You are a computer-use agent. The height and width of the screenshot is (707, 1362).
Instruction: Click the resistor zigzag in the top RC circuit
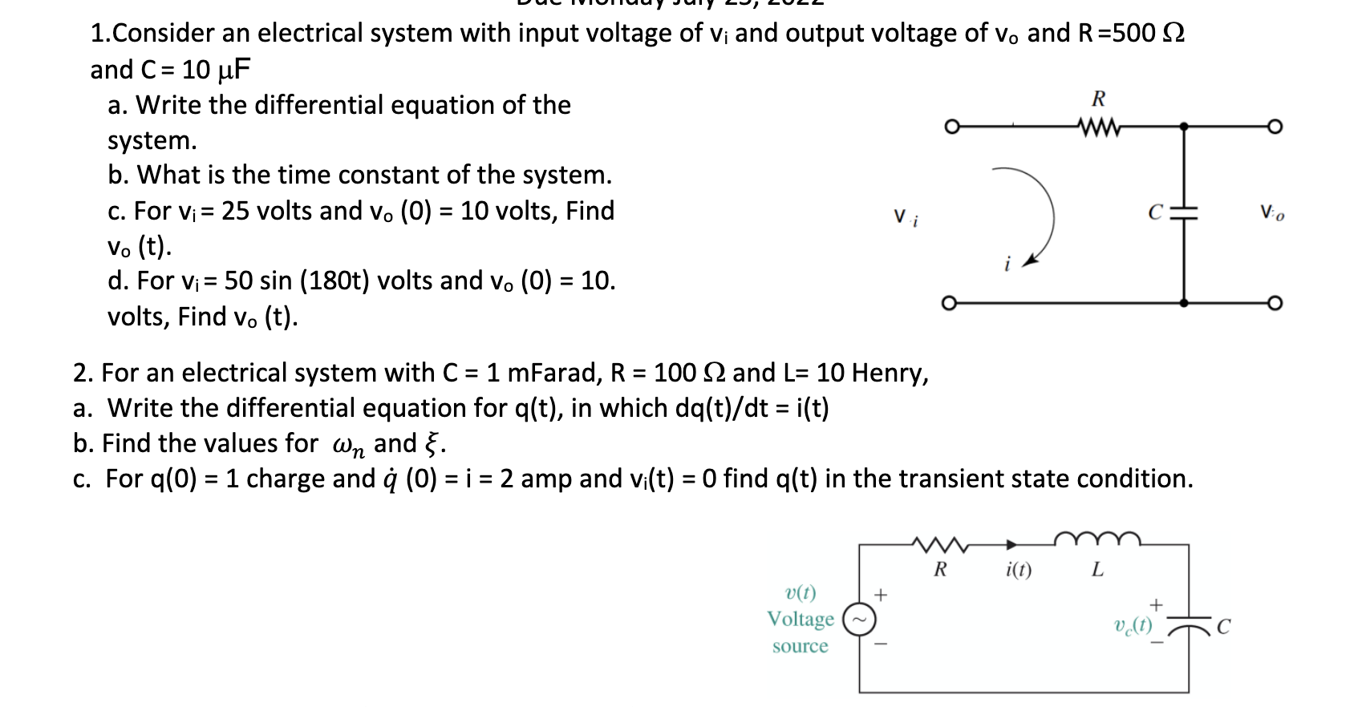(x=1099, y=127)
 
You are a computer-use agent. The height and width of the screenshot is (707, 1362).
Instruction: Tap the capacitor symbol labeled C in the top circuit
(x=1184, y=212)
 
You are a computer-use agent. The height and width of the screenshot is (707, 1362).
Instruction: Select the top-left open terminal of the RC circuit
(x=951, y=127)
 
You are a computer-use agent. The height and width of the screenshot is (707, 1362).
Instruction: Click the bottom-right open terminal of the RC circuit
(x=1275, y=303)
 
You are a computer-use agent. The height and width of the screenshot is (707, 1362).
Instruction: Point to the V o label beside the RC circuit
(x=1271, y=213)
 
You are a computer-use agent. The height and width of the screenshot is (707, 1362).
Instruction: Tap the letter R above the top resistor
(x=1099, y=99)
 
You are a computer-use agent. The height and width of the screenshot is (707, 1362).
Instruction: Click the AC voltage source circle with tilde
(x=859, y=620)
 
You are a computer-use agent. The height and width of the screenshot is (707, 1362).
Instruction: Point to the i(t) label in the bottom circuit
(x=1019, y=570)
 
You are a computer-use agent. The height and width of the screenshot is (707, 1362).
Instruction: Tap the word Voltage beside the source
(x=800, y=619)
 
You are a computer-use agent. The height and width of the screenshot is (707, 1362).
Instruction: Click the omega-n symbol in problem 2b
(x=348, y=445)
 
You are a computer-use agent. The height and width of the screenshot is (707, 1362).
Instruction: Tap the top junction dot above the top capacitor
(x=1184, y=127)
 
